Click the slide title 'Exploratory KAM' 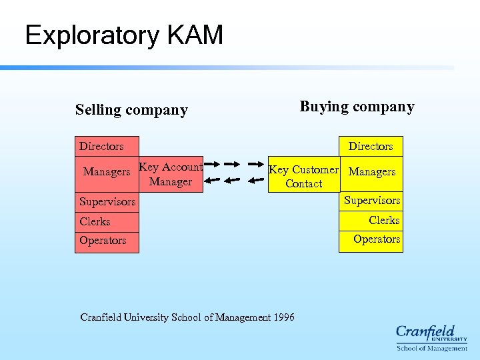(x=124, y=35)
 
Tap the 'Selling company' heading (x=131, y=110)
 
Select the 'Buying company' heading (x=357, y=107)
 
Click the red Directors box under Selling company (x=107, y=146)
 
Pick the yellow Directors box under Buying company (x=371, y=146)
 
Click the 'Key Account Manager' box (x=171, y=175)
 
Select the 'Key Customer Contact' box (x=303, y=177)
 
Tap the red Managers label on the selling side (x=107, y=172)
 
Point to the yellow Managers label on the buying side (x=371, y=172)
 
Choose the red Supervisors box (x=107, y=201)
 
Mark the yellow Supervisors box (x=371, y=200)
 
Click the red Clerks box (x=107, y=221)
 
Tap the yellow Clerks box (x=371, y=220)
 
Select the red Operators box (x=107, y=241)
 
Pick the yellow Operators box (x=371, y=239)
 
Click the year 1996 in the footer (x=283, y=317)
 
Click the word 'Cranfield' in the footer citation (x=101, y=317)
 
